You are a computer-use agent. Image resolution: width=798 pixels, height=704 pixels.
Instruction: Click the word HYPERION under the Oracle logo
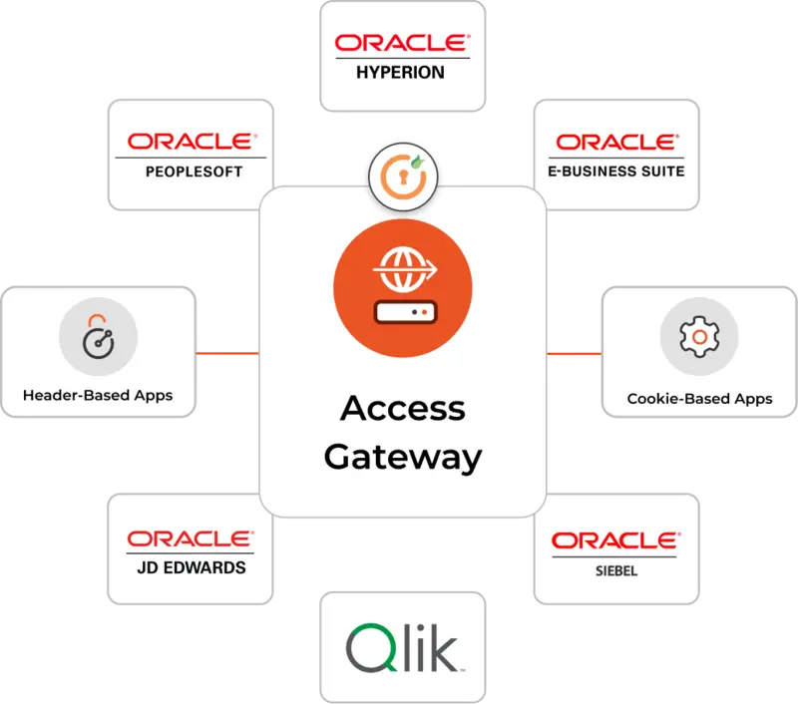point(402,73)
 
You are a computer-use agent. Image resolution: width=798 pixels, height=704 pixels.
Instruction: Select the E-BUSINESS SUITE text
point(615,171)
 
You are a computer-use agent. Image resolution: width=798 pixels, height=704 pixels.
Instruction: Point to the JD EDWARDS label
point(189,568)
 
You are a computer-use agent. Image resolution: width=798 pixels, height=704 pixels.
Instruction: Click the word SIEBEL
point(615,571)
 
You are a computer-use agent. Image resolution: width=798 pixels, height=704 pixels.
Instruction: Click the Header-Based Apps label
point(98,395)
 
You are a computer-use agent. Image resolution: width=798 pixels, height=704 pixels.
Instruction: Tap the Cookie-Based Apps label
point(699,399)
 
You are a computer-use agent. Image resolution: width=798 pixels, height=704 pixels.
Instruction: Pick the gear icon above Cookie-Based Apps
point(699,337)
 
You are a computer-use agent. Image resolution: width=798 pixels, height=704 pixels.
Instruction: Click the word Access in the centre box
point(402,409)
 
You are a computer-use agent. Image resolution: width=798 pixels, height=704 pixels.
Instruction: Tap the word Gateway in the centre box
point(402,457)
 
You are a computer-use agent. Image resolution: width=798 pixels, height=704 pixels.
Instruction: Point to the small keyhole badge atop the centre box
point(402,176)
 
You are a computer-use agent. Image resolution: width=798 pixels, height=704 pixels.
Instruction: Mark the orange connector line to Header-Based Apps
point(227,354)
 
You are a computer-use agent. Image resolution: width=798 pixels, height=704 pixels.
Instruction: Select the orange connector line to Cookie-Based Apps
point(574,354)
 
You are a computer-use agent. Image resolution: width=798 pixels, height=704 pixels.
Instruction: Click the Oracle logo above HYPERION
point(402,43)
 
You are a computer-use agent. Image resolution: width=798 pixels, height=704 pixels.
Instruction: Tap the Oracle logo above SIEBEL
point(615,540)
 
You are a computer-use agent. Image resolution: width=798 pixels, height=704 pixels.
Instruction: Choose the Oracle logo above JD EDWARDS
point(189,538)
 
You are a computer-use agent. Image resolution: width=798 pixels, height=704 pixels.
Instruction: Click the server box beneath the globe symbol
point(402,311)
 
